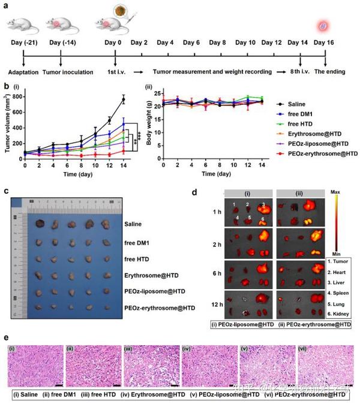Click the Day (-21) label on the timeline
pos(24,43)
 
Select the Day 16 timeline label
pos(325,43)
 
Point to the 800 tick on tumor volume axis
pos(18,96)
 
